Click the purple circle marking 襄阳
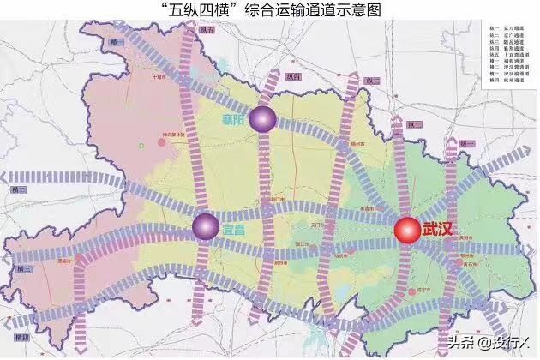261,121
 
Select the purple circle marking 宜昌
204,225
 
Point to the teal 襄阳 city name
231,121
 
